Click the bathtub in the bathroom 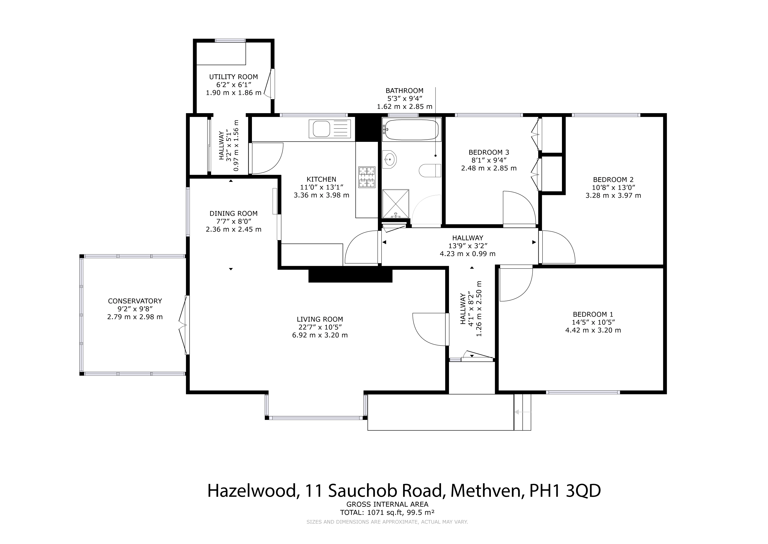click(411, 130)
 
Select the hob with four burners click(367, 177)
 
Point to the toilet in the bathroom click(430, 171)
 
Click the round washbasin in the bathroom click(389, 159)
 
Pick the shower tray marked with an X click(396, 204)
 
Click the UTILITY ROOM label click(233, 77)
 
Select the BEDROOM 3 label click(489, 152)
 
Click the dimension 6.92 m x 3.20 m click(320, 335)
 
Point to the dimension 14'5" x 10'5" click(593, 322)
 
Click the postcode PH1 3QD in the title click(565, 491)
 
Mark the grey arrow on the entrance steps click(522, 412)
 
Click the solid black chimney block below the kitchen click(350, 275)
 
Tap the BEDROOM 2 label click(613, 180)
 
